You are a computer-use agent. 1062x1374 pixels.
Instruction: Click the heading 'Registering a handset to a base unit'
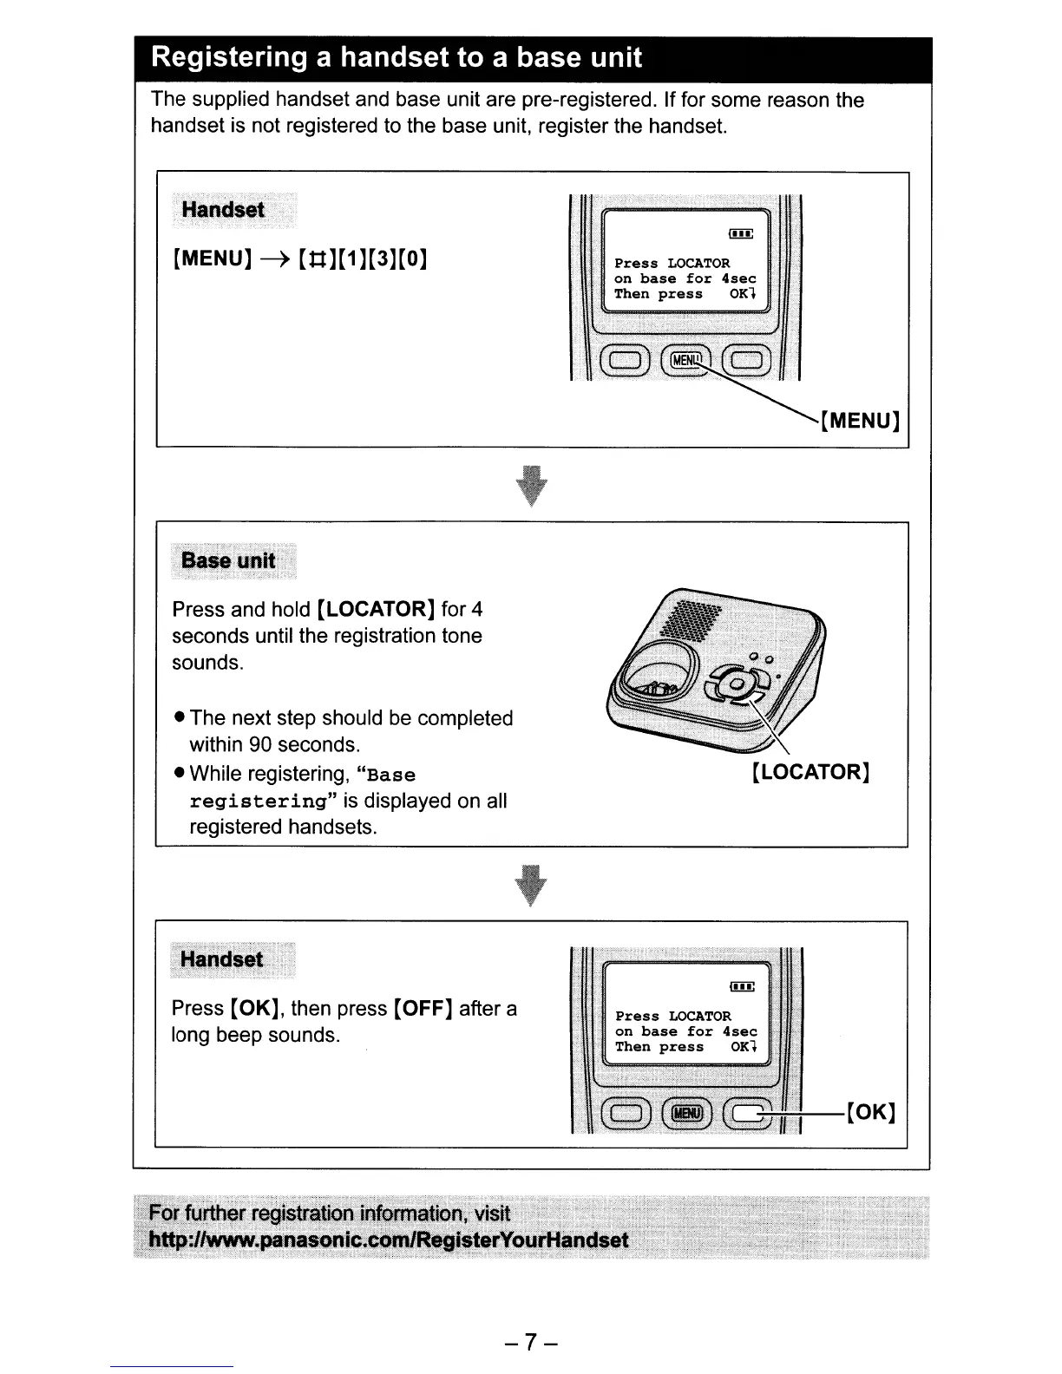396,58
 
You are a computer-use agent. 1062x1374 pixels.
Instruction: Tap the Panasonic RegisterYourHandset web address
388,1240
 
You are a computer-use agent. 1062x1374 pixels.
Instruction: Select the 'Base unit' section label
228,560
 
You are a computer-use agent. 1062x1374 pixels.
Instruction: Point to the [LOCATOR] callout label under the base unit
811,772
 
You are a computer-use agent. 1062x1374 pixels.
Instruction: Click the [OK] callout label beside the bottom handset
870,1112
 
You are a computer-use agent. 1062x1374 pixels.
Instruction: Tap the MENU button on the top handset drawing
685,359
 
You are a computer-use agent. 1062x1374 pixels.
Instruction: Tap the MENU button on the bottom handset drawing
685,1113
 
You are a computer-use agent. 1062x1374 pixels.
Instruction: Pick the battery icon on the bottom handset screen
742,986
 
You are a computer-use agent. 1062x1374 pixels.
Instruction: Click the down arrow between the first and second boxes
532,486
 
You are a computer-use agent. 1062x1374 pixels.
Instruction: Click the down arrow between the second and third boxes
532,885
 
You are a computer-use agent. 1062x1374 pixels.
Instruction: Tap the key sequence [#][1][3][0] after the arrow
363,258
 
